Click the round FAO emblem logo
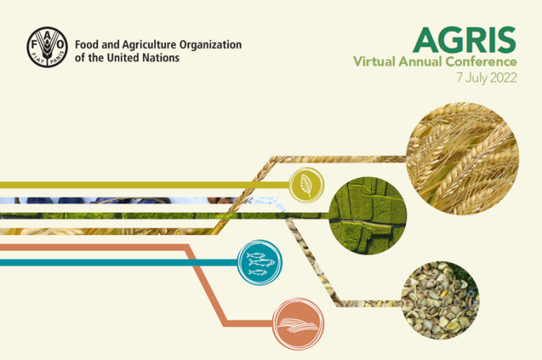[47, 47]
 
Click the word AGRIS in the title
[464, 40]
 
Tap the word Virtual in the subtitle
[374, 62]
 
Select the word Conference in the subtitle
[481, 62]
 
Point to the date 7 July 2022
[487, 78]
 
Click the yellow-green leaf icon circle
[306, 185]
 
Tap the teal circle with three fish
[260, 263]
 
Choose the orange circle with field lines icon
[298, 324]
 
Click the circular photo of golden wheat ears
[463, 158]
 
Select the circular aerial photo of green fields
[368, 216]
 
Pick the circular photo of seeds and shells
[441, 300]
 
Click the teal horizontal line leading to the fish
[119, 263]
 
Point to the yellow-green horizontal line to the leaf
[145, 185]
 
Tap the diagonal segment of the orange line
[207, 286]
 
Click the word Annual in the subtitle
[420, 62]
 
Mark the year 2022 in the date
[503, 78]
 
